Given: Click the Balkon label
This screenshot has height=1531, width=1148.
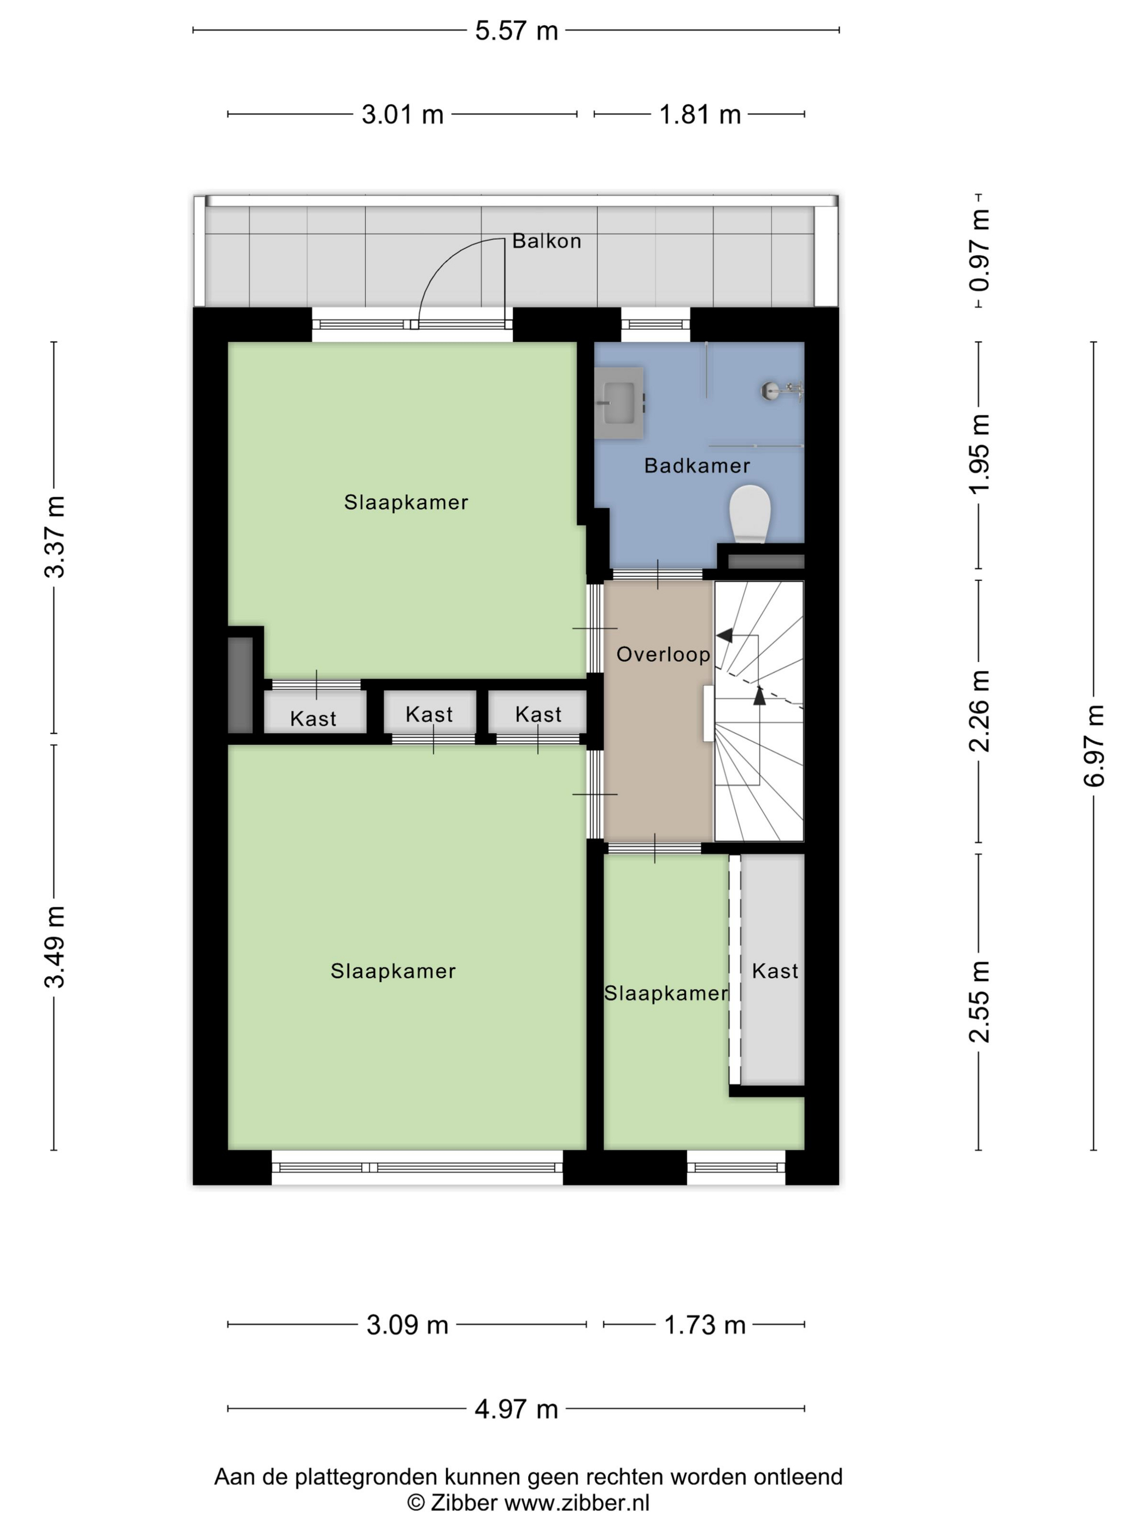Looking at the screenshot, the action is (546, 241).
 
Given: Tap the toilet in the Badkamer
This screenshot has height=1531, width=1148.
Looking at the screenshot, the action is (750, 513).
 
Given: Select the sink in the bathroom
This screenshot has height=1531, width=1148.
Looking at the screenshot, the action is (619, 404).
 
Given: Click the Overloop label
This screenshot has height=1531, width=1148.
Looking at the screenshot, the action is (663, 654).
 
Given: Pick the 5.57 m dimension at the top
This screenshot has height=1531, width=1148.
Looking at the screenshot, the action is (516, 31).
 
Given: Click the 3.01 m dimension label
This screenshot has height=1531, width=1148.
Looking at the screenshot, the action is (402, 114).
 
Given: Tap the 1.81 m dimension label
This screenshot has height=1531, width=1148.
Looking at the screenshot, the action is (700, 114).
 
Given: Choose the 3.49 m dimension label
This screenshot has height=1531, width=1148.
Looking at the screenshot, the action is (54, 946).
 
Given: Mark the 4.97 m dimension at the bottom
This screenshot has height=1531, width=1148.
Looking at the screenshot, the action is (516, 1409).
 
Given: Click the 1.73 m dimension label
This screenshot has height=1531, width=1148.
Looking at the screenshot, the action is (705, 1325).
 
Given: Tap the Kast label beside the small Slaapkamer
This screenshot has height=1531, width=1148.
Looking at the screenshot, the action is (775, 971).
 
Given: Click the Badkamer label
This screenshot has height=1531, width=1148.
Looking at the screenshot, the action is (697, 466).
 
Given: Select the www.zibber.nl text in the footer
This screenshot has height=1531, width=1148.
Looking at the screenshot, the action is (576, 1502).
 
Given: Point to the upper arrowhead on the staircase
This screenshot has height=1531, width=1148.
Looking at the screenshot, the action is (724, 635).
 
